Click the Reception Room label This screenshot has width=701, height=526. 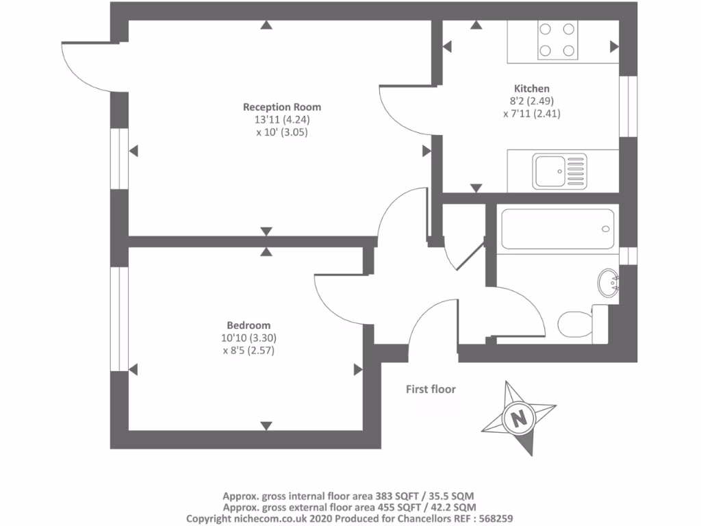(282, 107)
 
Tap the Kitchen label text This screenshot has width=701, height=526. (531, 88)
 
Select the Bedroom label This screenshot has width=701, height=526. (248, 325)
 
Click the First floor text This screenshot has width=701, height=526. (431, 389)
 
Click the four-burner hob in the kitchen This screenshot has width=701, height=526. (557, 40)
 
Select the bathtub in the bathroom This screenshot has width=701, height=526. (557, 229)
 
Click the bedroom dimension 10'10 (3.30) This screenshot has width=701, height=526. (248, 338)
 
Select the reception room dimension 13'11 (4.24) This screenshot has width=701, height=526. (282, 120)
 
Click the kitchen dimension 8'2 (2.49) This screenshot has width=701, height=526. (532, 101)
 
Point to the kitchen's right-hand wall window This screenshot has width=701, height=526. (628, 106)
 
